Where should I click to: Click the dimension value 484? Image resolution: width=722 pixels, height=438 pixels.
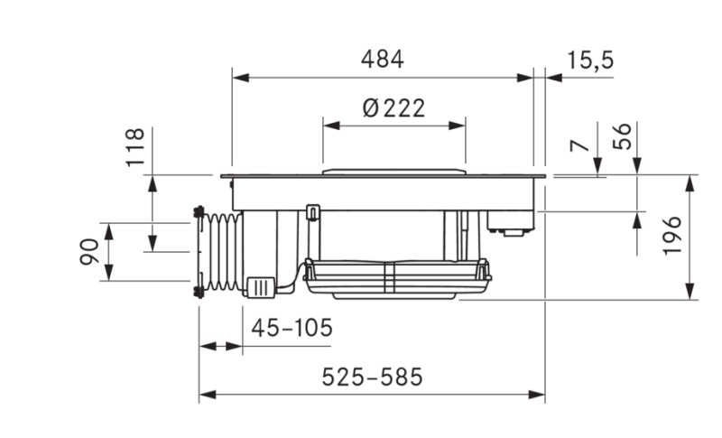tap(383, 60)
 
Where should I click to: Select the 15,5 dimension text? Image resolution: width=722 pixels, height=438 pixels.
tap(590, 60)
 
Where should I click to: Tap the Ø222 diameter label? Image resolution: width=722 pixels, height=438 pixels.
tap(393, 108)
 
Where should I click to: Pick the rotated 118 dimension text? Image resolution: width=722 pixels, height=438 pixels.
tap(134, 147)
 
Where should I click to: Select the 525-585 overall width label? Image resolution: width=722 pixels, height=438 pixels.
tap(372, 377)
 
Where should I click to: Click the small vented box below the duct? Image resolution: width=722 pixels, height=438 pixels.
tap(260, 286)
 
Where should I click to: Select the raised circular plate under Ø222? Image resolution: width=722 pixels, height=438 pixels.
tap(393, 171)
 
